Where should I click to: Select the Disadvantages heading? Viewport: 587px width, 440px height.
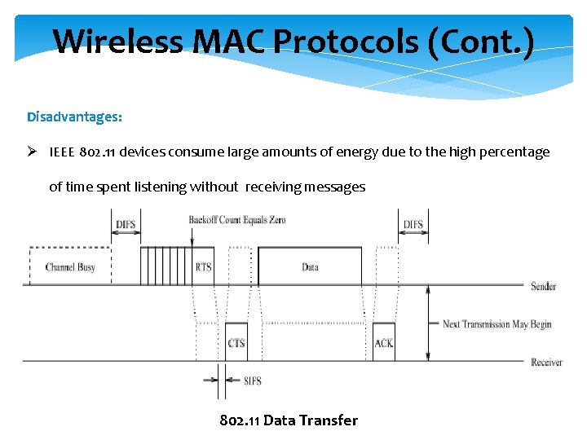[74, 117]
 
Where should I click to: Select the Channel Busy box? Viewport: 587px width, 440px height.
[70, 266]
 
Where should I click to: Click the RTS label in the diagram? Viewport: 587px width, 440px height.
[204, 266]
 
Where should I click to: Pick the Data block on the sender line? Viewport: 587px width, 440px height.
[310, 266]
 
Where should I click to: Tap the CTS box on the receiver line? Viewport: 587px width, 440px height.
[236, 343]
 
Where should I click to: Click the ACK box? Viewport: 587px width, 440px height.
[383, 343]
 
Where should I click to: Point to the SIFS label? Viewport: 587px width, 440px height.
[253, 381]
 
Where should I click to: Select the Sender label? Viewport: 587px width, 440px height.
[543, 286]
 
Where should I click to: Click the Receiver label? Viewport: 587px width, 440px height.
[546, 362]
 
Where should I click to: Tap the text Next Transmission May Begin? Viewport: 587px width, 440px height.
[497, 324]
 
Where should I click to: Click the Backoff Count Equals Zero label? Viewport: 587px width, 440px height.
[237, 220]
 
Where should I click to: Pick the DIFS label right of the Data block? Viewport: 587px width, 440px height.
[413, 224]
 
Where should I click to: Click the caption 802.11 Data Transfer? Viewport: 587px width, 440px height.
[289, 420]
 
